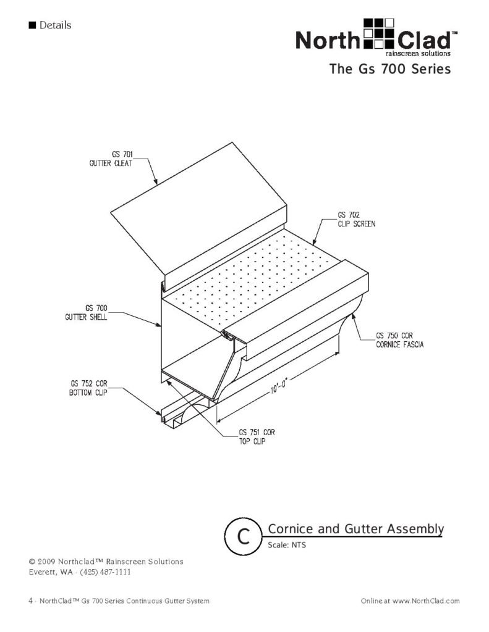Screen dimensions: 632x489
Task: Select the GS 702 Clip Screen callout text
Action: (356, 219)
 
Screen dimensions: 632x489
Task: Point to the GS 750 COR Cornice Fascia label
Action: (399, 341)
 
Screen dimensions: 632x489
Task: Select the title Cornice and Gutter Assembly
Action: (355, 529)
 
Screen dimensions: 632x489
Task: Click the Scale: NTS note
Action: (287, 546)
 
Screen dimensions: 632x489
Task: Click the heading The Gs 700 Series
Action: (390, 69)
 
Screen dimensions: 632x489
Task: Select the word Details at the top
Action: (55, 25)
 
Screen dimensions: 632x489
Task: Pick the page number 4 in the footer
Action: (30, 601)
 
